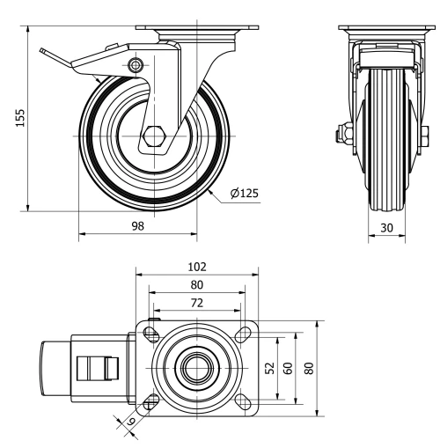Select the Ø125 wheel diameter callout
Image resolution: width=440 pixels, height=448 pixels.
click(244, 194)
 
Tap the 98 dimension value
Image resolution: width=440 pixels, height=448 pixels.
click(136, 225)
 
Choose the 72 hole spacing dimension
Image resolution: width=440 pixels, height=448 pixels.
click(196, 302)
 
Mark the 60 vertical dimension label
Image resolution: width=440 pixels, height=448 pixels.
click(288, 368)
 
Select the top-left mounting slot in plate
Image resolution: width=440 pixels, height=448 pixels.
click(150, 334)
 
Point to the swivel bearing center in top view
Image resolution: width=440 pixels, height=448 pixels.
click(196, 368)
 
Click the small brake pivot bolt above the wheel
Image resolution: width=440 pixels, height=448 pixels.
click(134, 65)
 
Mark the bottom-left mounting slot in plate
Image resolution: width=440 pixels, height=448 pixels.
click(150, 401)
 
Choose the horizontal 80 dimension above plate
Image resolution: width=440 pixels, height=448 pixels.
click(196, 283)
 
